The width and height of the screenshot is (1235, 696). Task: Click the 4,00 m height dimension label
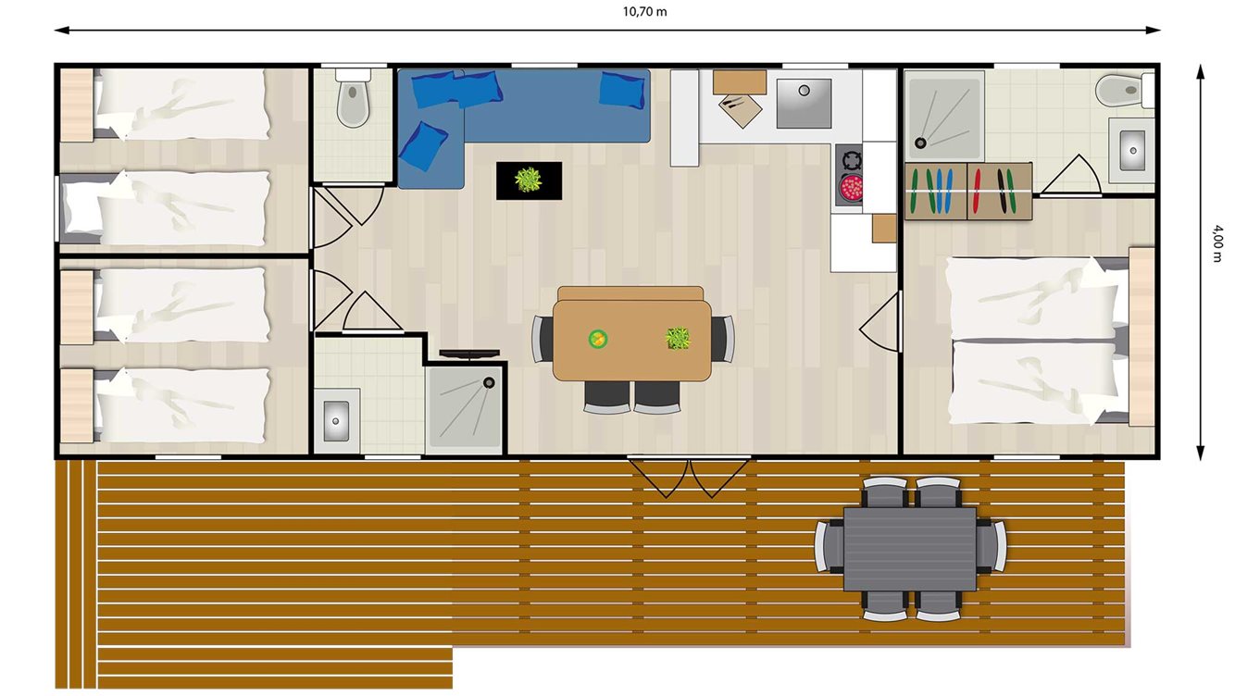(x=1216, y=245)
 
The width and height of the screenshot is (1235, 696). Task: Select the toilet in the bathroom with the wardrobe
(x=1116, y=90)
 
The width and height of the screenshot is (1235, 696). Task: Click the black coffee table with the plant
(x=529, y=180)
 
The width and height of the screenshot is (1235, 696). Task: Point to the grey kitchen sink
(x=803, y=103)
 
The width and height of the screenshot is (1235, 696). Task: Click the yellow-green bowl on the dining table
(x=598, y=339)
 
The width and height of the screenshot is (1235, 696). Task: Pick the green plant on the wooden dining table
(x=679, y=338)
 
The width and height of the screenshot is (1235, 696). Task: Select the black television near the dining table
(x=468, y=354)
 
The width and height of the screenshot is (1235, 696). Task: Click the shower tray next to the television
(x=464, y=410)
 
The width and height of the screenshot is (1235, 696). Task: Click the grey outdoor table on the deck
(x=909, y=548)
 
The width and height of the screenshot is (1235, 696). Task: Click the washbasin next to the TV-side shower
(x=335, y=420)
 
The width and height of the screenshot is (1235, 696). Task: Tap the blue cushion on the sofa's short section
(x=423, y=145)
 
